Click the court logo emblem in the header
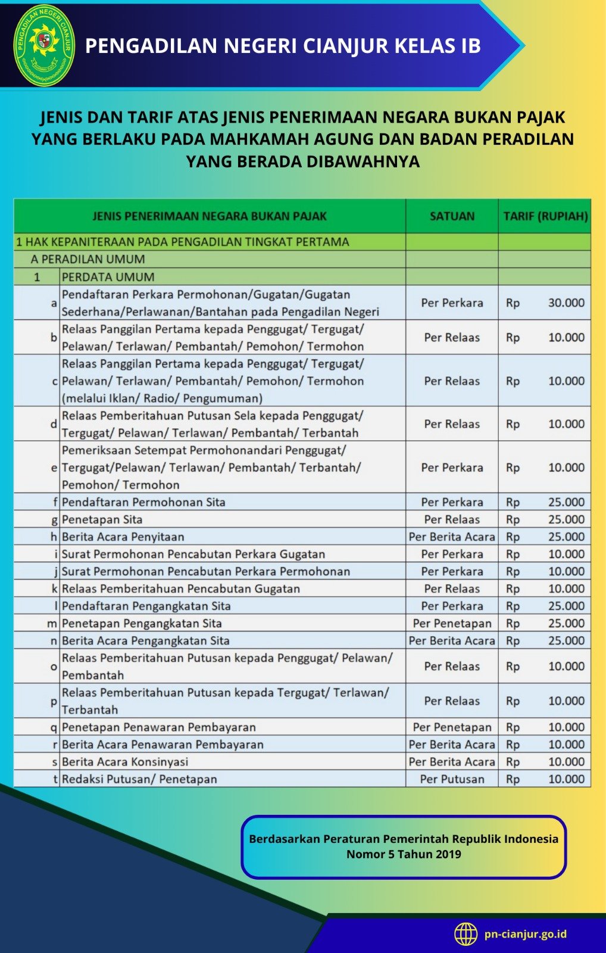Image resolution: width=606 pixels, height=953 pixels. (x=44, y=46)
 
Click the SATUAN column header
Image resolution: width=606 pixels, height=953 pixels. (x=452, y=216)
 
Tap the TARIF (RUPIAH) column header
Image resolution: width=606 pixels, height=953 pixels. (x=545, y=216)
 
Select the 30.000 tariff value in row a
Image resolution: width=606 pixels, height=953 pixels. (x=566, y=303)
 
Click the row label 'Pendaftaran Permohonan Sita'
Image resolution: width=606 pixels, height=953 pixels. (x=143, y=502)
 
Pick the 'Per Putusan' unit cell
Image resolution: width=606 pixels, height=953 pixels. (x=452, y=779)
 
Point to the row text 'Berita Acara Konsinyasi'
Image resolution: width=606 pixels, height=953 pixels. (x=125, y=762)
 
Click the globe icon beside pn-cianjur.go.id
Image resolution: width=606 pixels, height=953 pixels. (x=466, y=934)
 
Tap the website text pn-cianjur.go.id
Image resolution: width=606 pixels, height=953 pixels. (x=525, y=934)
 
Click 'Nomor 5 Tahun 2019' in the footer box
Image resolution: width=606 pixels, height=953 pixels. (x=404, y=854)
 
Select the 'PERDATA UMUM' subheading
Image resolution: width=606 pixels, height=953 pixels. (x=108, y=277)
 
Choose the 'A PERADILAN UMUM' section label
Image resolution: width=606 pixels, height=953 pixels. (x=88, y=259)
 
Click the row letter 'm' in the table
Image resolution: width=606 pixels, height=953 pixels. (x=52, y=624)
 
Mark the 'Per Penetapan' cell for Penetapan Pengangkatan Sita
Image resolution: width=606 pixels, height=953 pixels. (x=452, y=624)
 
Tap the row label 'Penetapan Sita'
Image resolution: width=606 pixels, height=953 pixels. (x=102, y=519)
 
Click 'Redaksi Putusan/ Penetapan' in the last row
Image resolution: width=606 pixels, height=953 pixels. (x=139, y=779)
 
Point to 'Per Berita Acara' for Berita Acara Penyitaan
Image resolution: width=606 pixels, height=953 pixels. (x=452, y=537)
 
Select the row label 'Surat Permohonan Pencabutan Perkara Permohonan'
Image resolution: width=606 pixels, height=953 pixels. (x=206, y=571)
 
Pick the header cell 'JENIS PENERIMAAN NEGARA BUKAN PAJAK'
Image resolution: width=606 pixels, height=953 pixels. (x=210, y=216)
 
